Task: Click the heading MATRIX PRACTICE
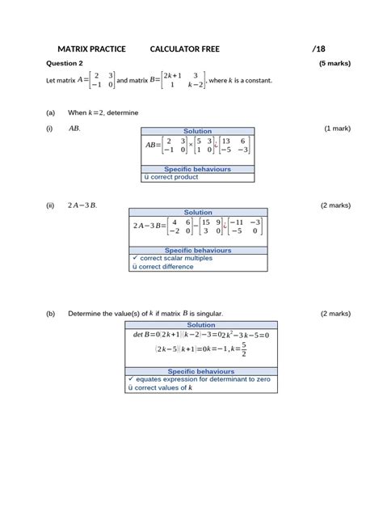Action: tap(91, 49)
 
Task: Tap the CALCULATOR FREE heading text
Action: tap(185, 49)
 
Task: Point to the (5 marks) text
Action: tap(335, 63)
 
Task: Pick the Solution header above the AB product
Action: tap(197, 131)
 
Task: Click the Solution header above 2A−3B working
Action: tap(197, 213)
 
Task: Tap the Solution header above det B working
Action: tap(197, 324)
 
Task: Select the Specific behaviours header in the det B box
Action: tap(197, 371)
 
